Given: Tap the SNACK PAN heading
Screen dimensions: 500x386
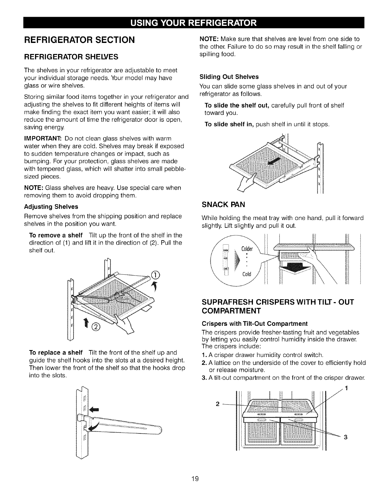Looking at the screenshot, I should (223, 205).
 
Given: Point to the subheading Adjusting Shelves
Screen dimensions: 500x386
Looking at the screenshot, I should (51, 207).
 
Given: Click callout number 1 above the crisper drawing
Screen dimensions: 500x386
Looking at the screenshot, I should (346, 389).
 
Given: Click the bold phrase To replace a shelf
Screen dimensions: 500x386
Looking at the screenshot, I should (56, 352).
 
